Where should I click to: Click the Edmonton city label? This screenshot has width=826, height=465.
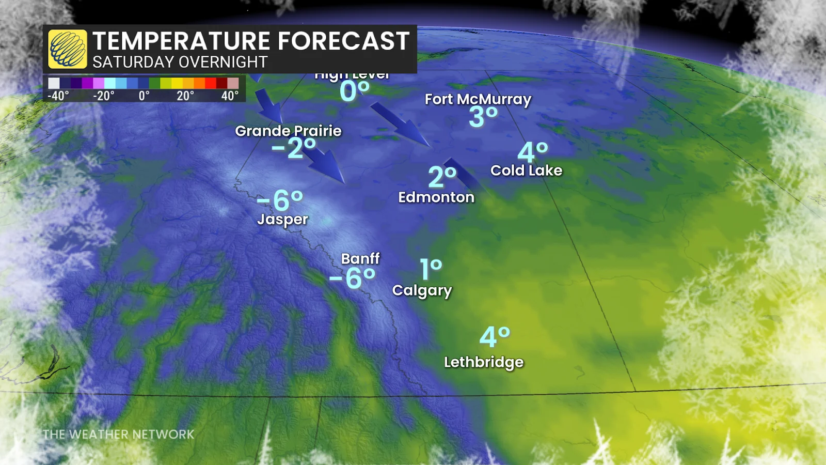(436, 197)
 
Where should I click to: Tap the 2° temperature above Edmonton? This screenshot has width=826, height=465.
(442, 177)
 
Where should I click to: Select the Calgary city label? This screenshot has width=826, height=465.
(422, 290)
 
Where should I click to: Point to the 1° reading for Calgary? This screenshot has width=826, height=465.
(431, 270)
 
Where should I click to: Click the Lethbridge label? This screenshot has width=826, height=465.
(484, 362)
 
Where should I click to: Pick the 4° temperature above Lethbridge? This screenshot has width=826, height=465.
(494, 337)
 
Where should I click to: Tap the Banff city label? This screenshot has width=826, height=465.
(360, 258)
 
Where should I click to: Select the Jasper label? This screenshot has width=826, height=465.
(282, 220)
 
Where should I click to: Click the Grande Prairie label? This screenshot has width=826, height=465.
(288, 131)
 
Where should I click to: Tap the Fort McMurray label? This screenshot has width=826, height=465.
(478, 99)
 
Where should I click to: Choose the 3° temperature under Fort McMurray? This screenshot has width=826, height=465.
(483, 117)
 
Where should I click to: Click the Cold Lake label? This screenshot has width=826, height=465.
(526, 171)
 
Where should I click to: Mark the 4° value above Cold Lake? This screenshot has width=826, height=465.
(532, 152)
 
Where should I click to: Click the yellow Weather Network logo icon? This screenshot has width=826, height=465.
(68, 49)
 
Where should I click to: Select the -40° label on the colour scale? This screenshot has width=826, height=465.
(58, 96)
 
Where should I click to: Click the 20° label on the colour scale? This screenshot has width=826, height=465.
(185, 96)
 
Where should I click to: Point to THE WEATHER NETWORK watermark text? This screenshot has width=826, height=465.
(118, 435)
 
